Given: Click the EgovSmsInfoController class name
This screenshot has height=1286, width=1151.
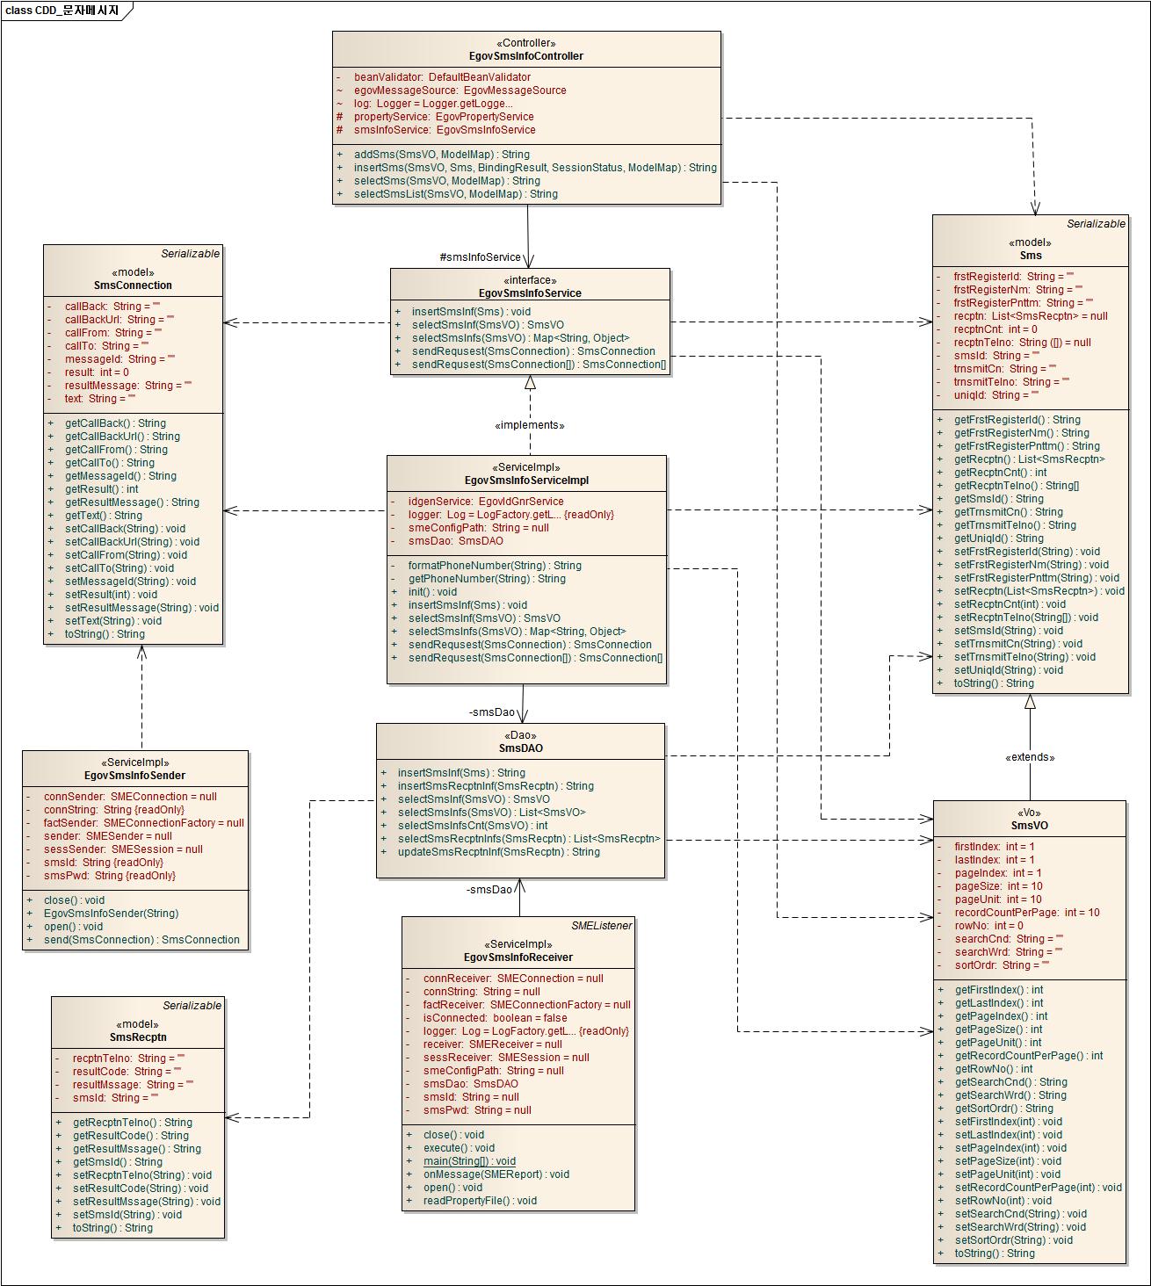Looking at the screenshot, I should tap(526, 56).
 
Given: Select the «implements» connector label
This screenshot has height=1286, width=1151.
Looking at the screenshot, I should tap(529, 425).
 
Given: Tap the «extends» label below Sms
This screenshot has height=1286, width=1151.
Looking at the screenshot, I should tap(1030, 757).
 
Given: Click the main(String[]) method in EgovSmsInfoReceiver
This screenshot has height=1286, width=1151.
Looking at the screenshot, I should tap(469, 1161).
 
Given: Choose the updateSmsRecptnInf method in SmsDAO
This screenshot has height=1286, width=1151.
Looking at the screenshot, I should tap(498, 852).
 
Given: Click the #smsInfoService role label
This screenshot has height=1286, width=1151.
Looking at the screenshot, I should tap(480, 257).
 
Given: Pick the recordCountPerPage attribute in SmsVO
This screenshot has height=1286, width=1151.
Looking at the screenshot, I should tap(1026, 913).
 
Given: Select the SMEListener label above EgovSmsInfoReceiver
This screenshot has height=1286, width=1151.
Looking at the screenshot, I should tap(601, 925).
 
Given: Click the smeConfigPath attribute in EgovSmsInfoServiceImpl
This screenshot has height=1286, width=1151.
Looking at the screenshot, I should tap(478, 528).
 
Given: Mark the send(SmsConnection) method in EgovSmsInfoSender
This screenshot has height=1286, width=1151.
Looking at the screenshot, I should tap(141, 940).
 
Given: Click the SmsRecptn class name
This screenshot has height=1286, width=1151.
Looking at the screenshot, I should tap(138, 1037).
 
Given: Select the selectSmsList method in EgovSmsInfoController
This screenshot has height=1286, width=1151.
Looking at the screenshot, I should tap(455, 194).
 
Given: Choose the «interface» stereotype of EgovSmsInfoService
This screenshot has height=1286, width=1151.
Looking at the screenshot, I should tap(530, 280).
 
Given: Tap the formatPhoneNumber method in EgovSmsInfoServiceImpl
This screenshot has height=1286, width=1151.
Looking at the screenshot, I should tap(494, 566).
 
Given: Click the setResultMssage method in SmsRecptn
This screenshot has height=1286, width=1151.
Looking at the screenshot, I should tap(146, 1202).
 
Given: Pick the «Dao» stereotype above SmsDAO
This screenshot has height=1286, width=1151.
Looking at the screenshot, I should tap(520, 735).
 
